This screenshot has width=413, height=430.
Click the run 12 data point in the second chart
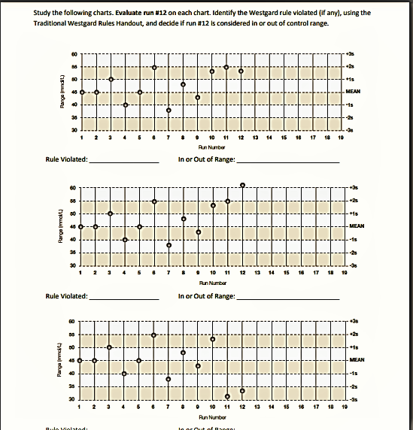point(242,185)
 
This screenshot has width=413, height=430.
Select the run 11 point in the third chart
point(227,396)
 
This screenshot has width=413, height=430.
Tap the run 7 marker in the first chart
point(169,111)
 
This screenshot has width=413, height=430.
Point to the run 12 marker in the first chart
point(241,71)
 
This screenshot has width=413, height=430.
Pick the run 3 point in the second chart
point(111,213)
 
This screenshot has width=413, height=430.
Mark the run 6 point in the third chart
point(154,335)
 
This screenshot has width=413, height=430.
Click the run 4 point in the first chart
point(125,104)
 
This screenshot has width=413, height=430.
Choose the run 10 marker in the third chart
point(213,339)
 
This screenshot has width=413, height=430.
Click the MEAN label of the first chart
point(352,90)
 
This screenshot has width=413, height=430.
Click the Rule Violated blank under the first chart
point(124,159)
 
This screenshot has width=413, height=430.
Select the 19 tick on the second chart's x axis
point(343,273)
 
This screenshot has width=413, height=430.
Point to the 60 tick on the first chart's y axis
point(74,54)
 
